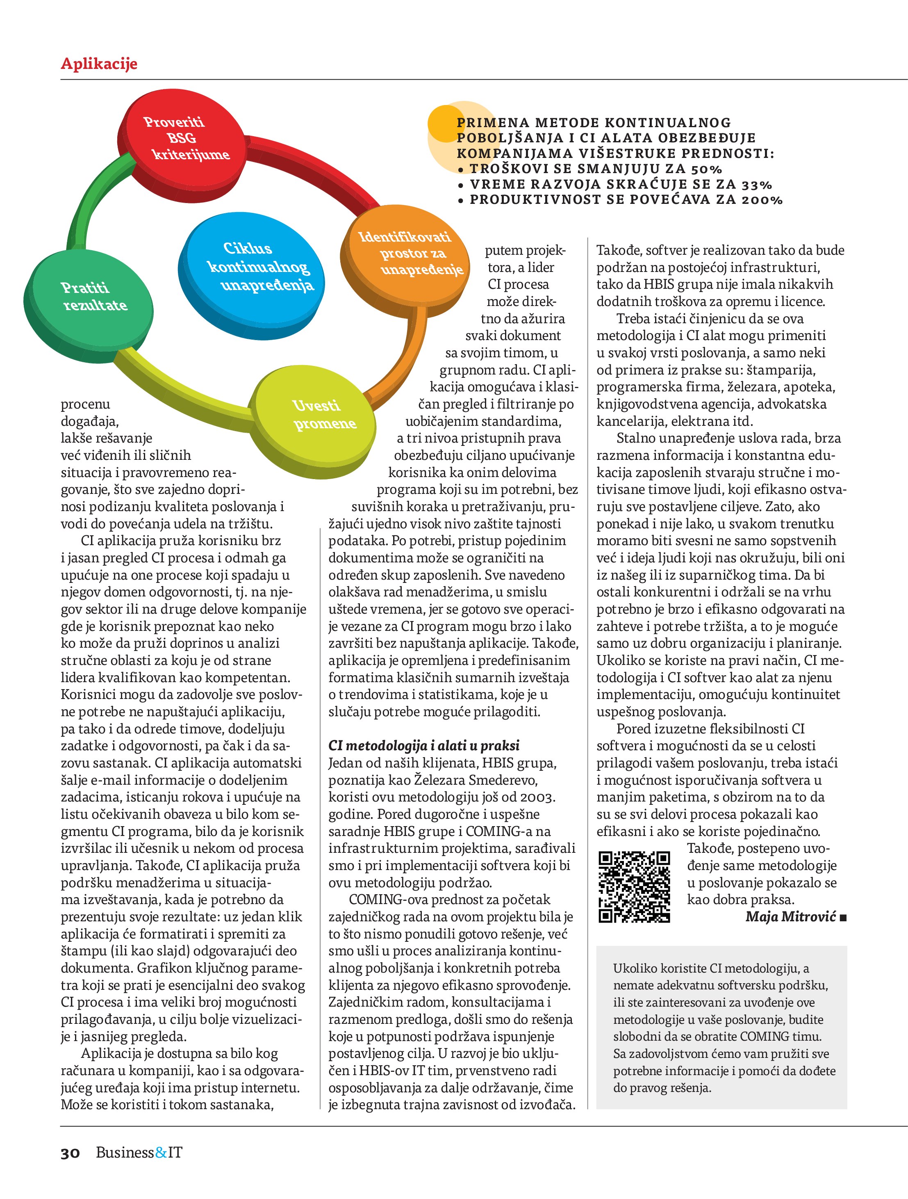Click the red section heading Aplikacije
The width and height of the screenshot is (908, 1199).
point(99,64)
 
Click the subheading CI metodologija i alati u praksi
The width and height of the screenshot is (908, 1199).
point(423,745)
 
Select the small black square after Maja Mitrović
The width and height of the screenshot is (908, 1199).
point(842,918)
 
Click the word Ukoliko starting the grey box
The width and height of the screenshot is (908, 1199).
point(632,968)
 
